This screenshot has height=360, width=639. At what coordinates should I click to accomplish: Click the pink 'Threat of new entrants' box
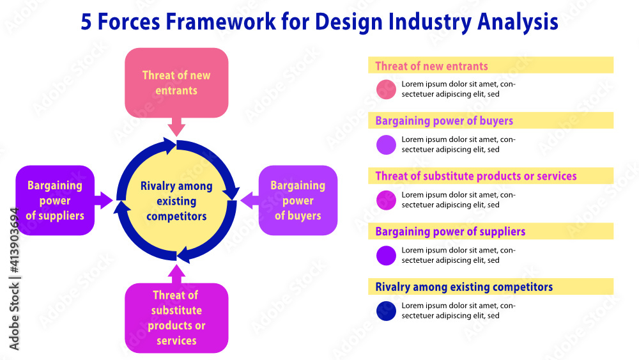[176, 82]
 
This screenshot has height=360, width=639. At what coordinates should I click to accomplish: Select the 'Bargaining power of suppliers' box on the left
[55, 200]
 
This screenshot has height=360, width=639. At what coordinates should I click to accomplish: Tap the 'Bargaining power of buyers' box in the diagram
[298, 200]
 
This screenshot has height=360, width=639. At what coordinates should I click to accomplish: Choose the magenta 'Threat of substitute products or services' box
[176, 318]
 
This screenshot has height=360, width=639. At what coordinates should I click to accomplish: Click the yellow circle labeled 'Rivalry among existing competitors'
[176, 200]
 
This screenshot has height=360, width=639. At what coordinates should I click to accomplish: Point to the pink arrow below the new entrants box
[176, 126]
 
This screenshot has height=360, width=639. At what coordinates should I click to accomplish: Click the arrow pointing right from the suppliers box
[104, 200]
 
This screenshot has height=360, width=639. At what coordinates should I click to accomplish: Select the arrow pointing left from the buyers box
[249, 200]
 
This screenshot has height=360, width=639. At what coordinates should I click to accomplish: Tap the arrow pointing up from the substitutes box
[176, 274]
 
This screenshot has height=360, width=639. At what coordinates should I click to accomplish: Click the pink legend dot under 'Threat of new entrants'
[387, 90]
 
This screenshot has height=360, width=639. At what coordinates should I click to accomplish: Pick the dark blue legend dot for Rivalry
[387, 311]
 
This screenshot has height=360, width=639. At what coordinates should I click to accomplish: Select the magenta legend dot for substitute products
[387, 200]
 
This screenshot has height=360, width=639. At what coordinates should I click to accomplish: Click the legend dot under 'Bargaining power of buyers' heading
[387, 145]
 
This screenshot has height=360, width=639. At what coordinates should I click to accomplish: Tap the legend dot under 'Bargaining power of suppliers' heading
[387, 256]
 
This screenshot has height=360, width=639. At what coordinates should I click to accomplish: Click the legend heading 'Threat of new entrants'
[431, 66]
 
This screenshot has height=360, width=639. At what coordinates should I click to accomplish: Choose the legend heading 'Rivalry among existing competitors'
[464, 287]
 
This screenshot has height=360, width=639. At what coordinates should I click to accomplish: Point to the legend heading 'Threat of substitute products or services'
[476, 176]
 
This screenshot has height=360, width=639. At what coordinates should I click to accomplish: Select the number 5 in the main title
[86, 22]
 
